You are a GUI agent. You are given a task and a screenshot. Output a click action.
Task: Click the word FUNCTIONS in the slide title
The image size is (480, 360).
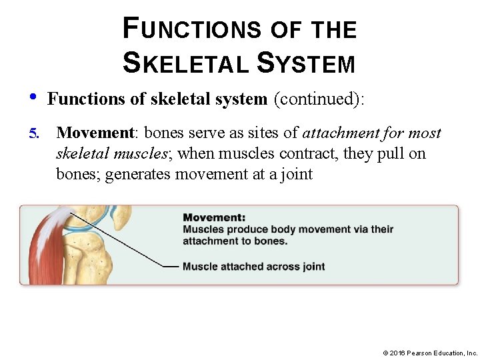(193, 29)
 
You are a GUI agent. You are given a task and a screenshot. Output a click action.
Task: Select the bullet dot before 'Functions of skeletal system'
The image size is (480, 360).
(33, 97)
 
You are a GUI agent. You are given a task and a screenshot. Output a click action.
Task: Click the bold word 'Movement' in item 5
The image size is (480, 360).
(95, 133)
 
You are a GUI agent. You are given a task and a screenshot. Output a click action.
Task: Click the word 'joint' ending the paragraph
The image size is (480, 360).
(295, 175)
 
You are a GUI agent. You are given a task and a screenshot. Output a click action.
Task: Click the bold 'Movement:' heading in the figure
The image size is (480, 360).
(214, 217)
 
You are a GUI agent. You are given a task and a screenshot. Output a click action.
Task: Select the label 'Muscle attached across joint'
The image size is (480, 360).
(254, 267)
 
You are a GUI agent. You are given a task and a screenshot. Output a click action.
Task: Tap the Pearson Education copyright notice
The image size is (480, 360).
(430, 352)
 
